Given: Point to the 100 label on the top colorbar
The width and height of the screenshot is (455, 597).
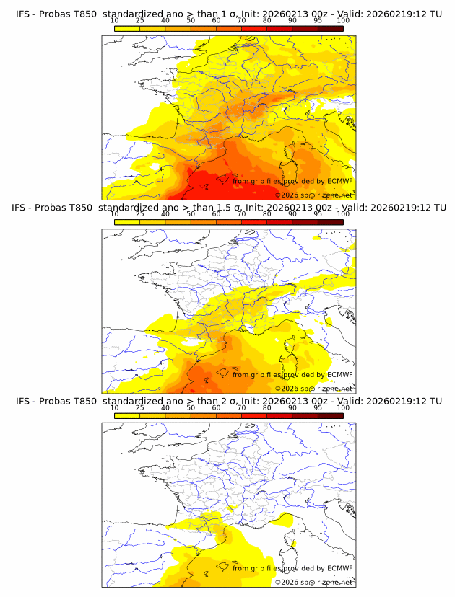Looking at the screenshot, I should coord(343,21).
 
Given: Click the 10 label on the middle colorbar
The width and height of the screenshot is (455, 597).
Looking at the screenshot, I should coord(114,214).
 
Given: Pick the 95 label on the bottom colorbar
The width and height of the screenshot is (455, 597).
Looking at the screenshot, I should coord(318,408).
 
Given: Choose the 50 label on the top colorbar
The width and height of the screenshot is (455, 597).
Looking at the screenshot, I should coord(191,21).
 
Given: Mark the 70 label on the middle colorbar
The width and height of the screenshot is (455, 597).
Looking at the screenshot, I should coord(241,214).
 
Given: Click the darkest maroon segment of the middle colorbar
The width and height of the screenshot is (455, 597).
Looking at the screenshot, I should coord(330,221).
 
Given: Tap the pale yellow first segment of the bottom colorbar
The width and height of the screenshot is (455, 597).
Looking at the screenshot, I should coord(126,415).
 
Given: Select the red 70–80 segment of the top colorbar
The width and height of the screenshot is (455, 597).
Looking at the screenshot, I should coord(253,28).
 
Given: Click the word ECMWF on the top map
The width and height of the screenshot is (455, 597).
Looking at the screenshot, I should coord(340,181).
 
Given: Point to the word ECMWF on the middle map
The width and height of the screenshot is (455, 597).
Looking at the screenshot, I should coord(340,375).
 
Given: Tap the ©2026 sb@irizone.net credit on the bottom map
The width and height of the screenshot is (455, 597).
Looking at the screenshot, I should coord(313,582).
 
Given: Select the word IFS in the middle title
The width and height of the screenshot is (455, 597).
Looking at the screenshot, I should coord(20,208).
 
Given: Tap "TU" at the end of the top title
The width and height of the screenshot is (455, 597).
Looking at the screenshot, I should coord(435,14).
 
